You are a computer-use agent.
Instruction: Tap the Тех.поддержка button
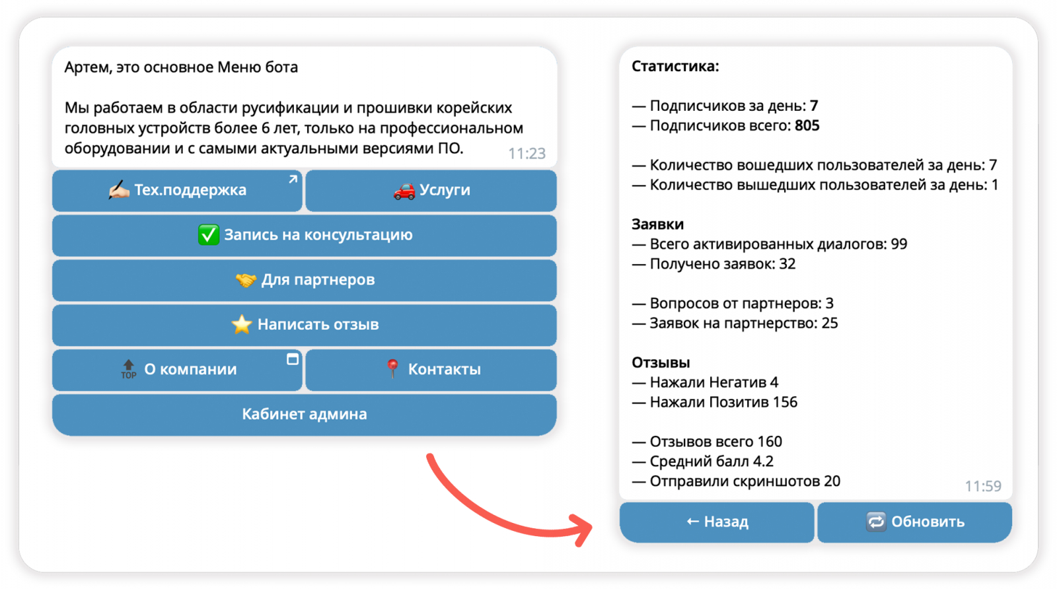click(177, 191)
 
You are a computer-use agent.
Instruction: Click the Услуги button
click(431, 191)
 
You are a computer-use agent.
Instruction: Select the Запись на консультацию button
click(304, 235)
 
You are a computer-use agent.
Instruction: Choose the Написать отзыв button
click(304, 325)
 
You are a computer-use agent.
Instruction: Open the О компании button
click(177, 370)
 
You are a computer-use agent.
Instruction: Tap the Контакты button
click(431, 370)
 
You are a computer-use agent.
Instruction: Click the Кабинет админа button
click(304, 415)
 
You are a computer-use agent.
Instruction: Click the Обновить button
click(914, 522)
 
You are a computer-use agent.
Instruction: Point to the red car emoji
click(404, 191)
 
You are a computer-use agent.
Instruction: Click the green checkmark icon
click(208, 235)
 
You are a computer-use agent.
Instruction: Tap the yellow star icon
click(242, 325)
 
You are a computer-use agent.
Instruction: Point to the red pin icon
click(392, 368)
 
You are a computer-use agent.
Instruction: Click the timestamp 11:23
click(527, 154)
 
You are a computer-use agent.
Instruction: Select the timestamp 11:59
click(983, 487)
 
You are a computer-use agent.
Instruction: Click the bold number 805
click(807, 126)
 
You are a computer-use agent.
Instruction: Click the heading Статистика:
click(675, 67)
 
